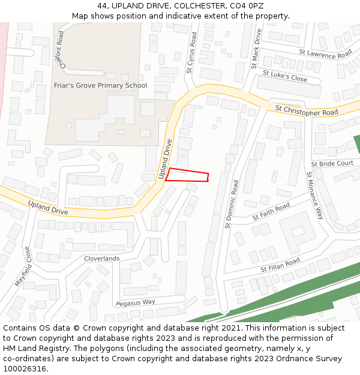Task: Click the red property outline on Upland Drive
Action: point(187,175)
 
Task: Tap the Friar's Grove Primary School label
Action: point(100,85)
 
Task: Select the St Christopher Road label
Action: point(307,110)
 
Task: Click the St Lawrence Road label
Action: point(325,54)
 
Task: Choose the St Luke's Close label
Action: point(284,76)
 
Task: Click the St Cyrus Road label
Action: point(191,53)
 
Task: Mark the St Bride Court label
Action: point(332,163)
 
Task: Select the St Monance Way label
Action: point(315,196)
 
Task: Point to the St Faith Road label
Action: point(271,211)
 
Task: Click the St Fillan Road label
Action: point(280,265)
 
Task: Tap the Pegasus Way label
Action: point(135,302)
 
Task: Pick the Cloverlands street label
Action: point(101,259)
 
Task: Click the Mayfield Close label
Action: point(22,266)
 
